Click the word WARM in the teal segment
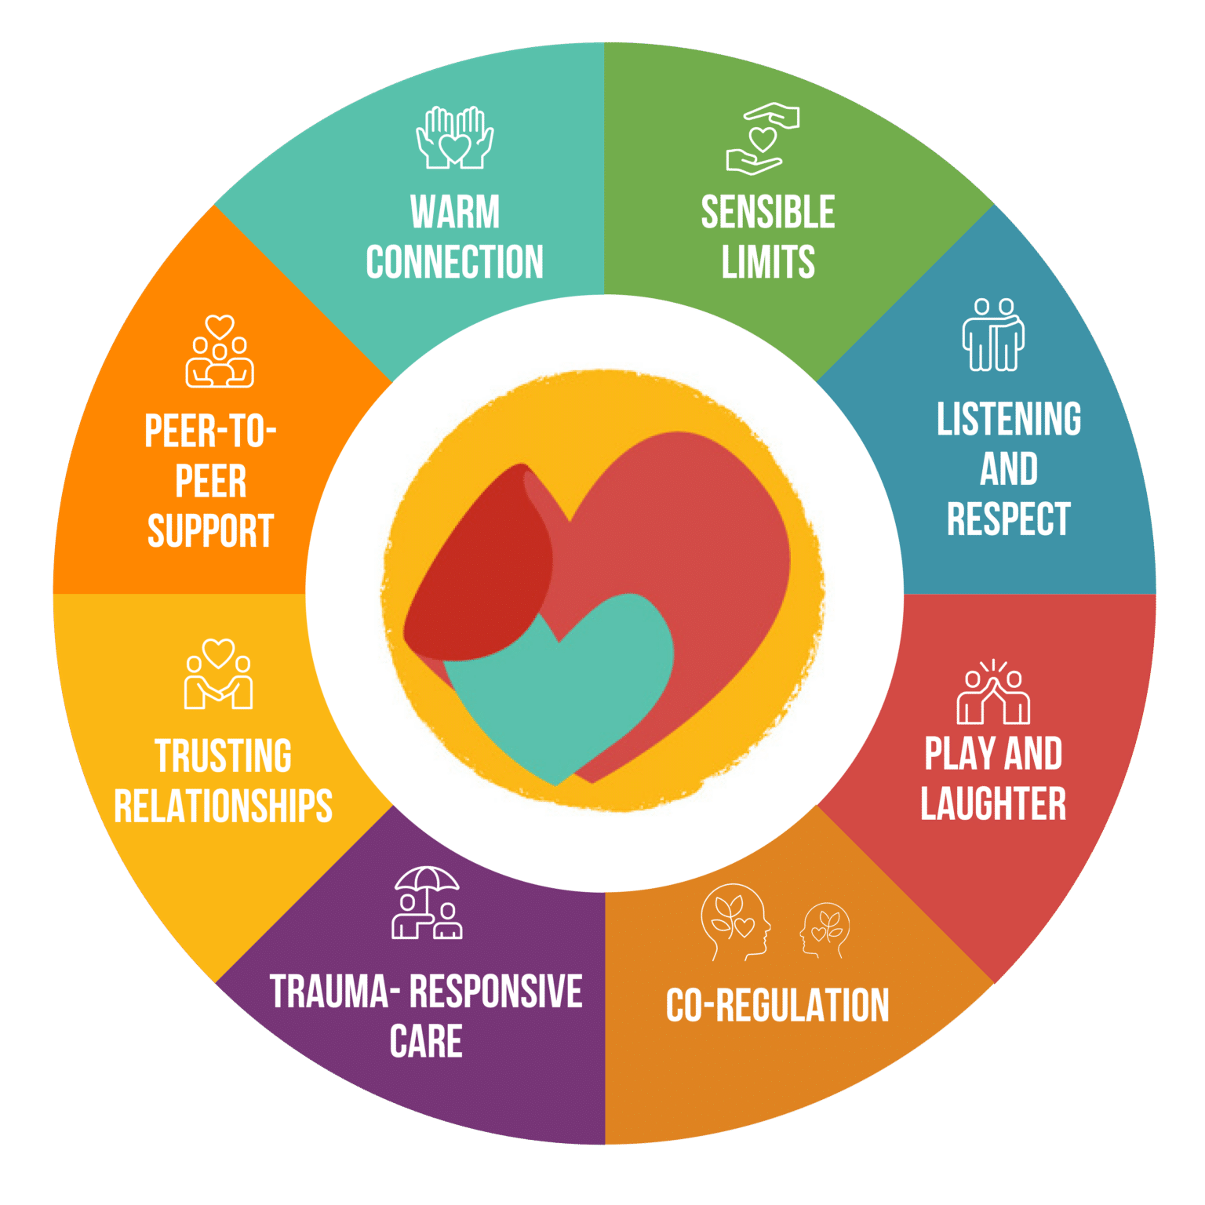[x=455, y=212]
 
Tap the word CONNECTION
[x=455, y=262]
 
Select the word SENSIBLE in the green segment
[x=768, y=212]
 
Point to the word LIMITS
[x=768, y=262]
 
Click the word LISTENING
[x=1009, y=419]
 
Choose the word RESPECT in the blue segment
[x=1009, y=519]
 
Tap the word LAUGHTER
[x=993, y=804]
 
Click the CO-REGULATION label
[x=777, y=1006]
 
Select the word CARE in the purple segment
[x=426, y=1042]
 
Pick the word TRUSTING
[x=224, y=755]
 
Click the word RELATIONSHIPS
[x=224, y=806]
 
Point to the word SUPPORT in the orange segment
[x=210, y=531]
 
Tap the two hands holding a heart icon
[x=455, y=138]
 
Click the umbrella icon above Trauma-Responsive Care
[x=427, y=902]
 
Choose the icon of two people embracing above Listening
[x=994, y=335]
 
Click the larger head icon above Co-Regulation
[x=735, y=922]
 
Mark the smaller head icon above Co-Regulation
[x=825, y=930]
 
